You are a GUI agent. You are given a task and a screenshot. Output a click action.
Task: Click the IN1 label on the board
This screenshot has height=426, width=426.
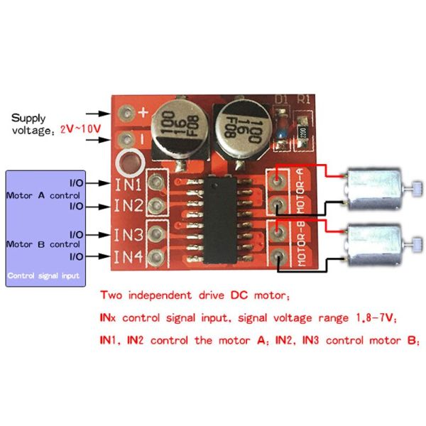pyautogui.click(x=129, y=183)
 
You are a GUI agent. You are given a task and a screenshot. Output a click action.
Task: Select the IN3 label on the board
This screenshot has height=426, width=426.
pyautogui.click(x=129, y=233)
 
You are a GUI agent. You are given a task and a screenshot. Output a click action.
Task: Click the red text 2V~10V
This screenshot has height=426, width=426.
pyautogui.click(x=80, y=131)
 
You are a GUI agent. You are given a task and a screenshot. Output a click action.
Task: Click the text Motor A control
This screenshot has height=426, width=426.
pyautogui.click(x=43, y=195)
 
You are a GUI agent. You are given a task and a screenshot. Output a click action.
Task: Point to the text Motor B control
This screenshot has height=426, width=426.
pyautogui.click(x=43, y=244)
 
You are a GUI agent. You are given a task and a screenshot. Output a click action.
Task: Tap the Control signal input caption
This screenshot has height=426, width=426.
pyautogui.click(x=43, y=275)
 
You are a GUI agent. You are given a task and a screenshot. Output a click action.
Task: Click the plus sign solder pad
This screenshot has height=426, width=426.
pyautogui.click(x=127, y=112)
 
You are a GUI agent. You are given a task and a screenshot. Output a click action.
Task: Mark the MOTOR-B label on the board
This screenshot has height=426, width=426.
pyautogui.click(x=300, y=244)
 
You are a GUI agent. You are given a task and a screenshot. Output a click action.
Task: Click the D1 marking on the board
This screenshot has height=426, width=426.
pyautogui.click(x=282, y=100)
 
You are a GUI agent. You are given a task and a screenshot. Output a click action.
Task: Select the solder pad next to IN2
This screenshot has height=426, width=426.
pyautogui.click(x=156, y=207)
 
